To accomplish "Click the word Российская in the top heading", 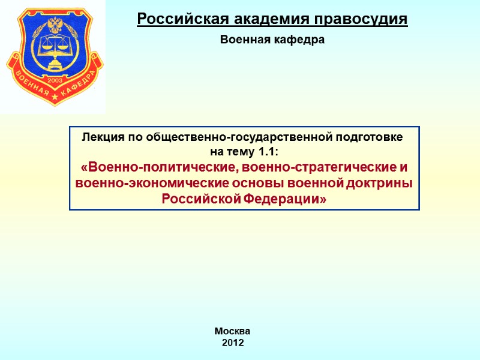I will click(x=173, y=20).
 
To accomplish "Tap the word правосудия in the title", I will click(x=359, y=20).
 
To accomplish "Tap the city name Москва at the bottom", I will click(x=233, y=331).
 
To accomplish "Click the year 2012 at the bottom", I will click(x=233, y=343).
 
